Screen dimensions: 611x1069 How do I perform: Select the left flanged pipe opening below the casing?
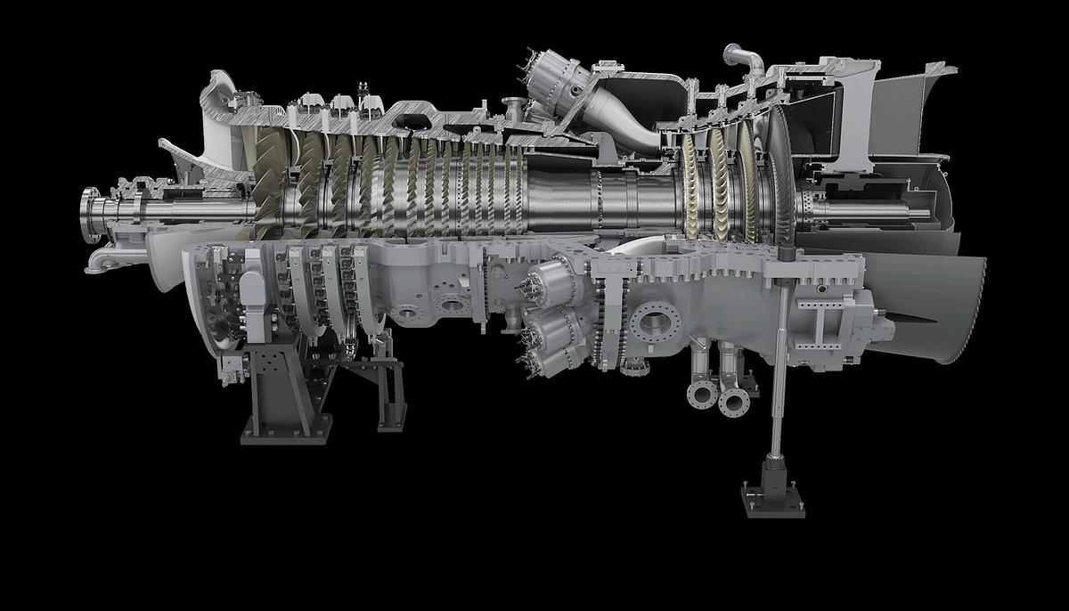tap(701, 393)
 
